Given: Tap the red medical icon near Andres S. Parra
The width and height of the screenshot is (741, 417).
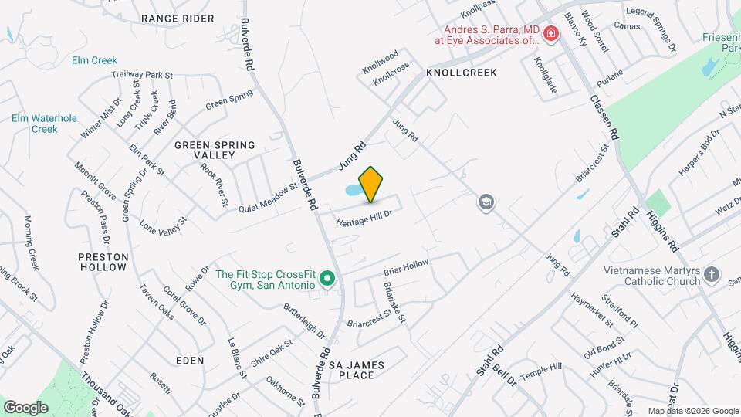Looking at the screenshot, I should tap(550, 33).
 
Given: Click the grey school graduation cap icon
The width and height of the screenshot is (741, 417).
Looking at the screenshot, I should tap(486, 202).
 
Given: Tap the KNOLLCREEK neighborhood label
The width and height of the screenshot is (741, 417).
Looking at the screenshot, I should tap(461, 72).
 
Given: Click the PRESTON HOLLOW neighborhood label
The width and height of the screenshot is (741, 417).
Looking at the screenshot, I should tap(103, 262).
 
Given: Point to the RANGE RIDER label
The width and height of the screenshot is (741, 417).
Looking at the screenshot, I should tap(178, 18).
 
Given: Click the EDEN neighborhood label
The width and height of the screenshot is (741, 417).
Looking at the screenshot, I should tap(190, 361).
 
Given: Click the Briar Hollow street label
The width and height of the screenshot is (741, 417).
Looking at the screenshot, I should tap(406, 269).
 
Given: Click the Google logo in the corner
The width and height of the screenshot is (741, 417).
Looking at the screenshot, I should tap(25, 406).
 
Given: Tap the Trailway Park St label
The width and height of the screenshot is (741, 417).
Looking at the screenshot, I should tap(141, 75).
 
